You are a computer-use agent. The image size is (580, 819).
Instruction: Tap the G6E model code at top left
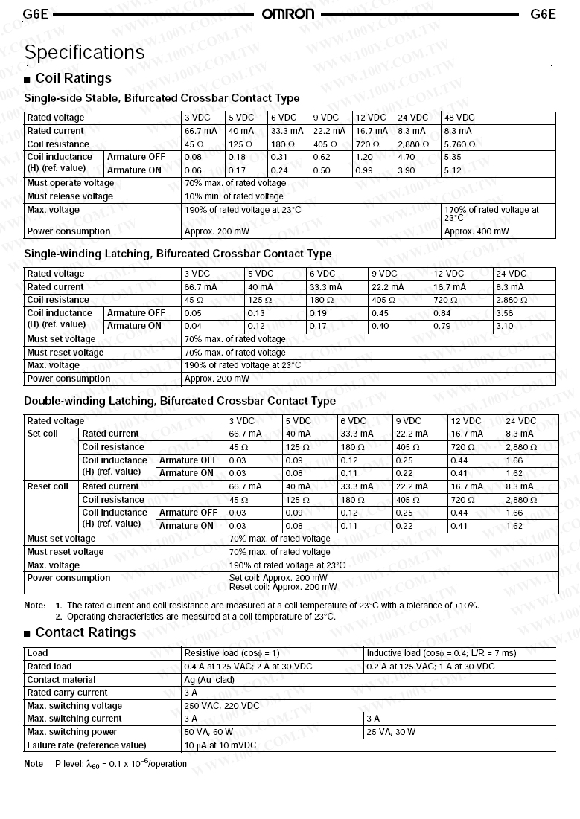point(36,14)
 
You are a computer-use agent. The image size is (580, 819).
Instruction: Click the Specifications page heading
point(84,53)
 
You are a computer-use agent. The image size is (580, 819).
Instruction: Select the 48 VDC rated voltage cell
point(459,118)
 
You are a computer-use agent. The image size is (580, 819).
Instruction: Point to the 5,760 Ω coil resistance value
point(459,144)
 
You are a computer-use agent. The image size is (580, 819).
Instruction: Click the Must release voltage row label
point(70,196)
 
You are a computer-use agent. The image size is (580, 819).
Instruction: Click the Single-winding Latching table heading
point(178,254)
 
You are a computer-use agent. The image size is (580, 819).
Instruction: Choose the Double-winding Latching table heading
point(179,401)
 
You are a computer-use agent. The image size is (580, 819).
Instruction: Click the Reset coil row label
point(48,486)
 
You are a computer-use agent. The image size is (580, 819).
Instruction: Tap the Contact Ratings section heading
point(85,632)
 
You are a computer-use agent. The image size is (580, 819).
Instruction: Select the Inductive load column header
point(441,653)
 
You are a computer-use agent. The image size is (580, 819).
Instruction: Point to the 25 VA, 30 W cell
point(391,732)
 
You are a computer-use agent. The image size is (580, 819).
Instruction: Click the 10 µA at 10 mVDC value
point(220,745)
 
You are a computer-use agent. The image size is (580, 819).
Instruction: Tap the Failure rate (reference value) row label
point(86,745)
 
